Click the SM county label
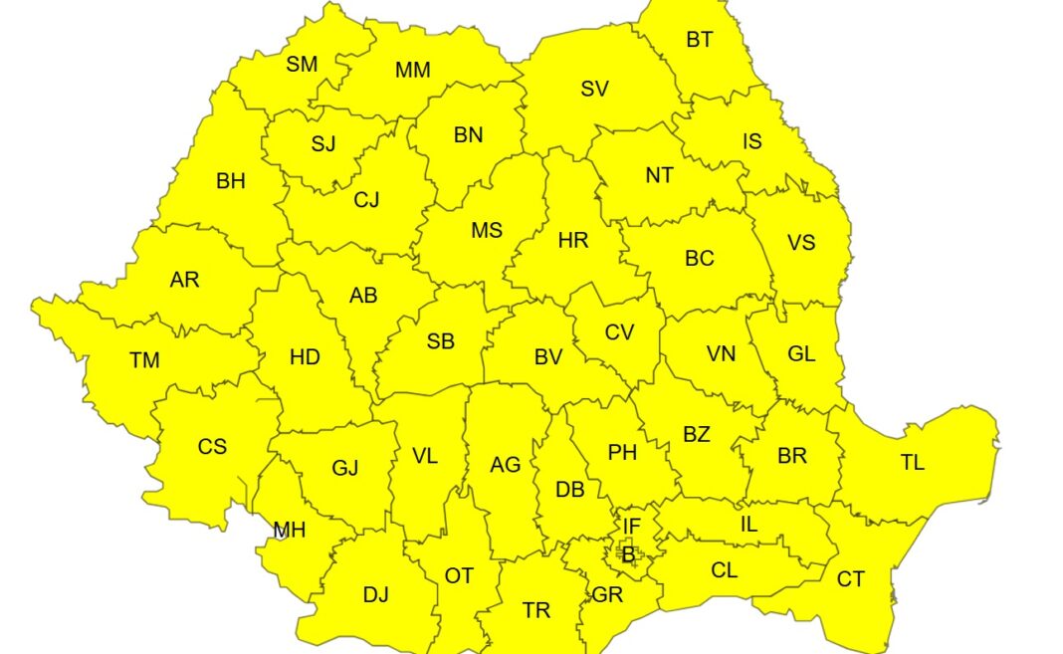[302, 65]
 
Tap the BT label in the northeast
[700, 40]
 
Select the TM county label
[144, 360]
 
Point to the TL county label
[912, 463]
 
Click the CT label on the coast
[851, 579]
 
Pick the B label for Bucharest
[627, 552]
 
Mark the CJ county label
[367, 200]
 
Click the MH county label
[290, 531]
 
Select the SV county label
[594, 89]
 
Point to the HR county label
[573, 241]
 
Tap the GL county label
[801, 354]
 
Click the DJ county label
[375, 595]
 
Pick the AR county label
[184, 280]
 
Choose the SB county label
[441, 341]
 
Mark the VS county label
[801, 243]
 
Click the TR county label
[536, 611]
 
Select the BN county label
[468, 135]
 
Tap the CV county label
[619, 332]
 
